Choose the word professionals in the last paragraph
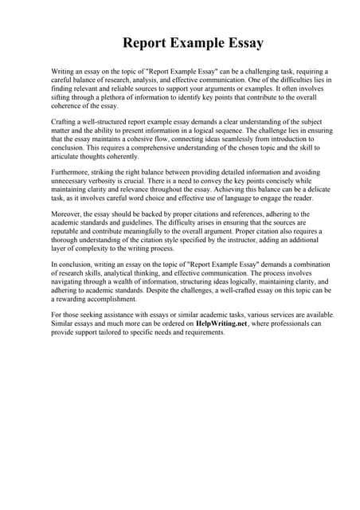click(x=295, y=323)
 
